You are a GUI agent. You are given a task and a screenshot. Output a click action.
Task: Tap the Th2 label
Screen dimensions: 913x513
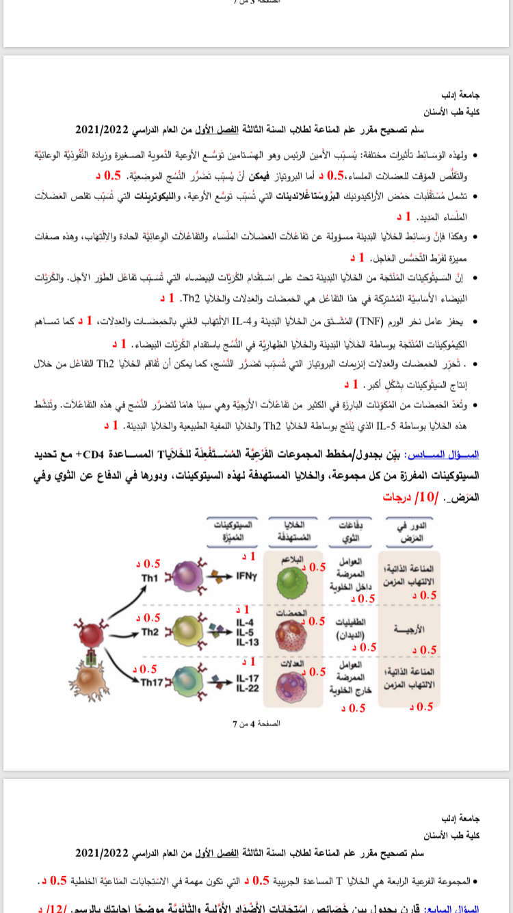(x=150, y=632)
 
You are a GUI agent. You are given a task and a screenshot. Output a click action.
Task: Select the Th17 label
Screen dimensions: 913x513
(x=151, y=682)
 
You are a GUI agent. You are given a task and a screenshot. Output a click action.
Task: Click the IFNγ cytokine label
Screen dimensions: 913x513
(x=246, y=576)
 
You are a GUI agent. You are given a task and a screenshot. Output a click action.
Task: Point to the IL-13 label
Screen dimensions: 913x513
(x=246, y=641)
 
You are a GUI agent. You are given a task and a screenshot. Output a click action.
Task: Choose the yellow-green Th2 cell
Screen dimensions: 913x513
(x=185, y=629)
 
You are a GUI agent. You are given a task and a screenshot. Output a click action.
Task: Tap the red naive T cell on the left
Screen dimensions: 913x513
(x=94, y=630)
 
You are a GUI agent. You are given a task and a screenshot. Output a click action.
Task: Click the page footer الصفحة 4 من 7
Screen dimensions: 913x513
(x=256, y=723)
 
